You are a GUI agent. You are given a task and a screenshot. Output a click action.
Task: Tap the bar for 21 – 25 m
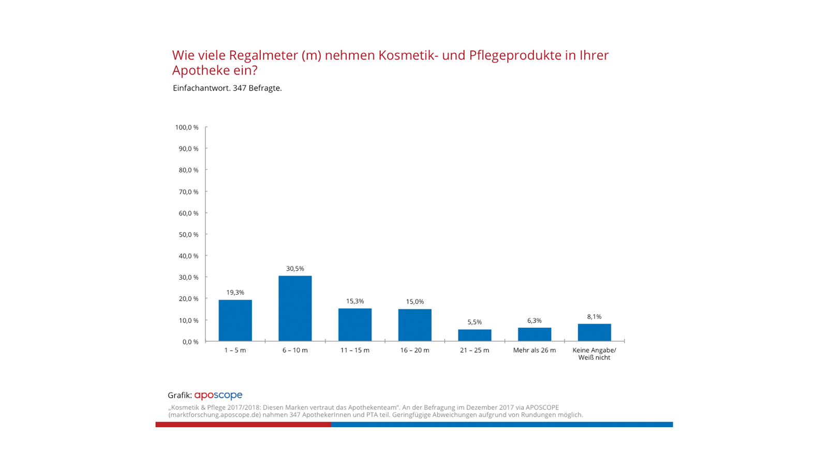tap(475, 335)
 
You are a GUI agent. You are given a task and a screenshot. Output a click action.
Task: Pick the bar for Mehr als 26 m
tap(534, 334)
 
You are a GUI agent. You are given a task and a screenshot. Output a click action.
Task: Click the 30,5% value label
tap(295, 269)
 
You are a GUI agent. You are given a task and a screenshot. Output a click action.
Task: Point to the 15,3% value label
tap(355, 301)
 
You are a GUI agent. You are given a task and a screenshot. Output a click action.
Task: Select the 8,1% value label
tap(594, 317)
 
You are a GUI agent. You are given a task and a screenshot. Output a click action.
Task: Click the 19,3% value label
tap(235, 293)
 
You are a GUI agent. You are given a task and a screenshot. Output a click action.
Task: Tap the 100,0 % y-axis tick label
tap(186, 127)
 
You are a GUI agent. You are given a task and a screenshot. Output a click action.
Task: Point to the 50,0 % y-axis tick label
tap(188, 235)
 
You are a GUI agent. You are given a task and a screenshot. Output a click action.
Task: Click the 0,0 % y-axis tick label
tap(190, 342)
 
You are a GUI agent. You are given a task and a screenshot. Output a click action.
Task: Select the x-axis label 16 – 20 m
tap(415, 351)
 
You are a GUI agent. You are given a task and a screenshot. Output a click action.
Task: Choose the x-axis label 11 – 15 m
tap(355, 351)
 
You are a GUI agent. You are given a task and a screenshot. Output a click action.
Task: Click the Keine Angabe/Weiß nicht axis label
tap(594, 354)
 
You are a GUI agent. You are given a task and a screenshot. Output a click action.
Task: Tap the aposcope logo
tap(218, 395)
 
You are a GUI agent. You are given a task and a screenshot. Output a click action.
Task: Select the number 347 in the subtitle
tap(239, 88)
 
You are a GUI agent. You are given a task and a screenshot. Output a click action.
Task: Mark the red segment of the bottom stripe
tap(243, 425)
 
